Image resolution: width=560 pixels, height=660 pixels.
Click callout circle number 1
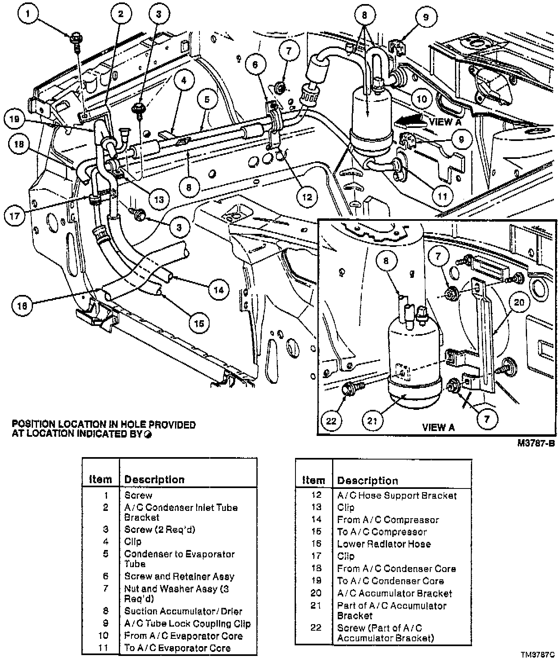pos(28,15)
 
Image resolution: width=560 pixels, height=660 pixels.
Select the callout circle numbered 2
pos(120,15)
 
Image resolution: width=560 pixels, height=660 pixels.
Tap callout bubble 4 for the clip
pos(184,81)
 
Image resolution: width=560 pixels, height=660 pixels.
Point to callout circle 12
pos(307,197)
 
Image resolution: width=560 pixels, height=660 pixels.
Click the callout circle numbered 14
pos(219,290)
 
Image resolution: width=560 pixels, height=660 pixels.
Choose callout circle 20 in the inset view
pos(519,302)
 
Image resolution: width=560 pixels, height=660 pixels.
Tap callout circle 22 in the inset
pos(332,420)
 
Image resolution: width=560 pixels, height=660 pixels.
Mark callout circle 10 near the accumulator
pos(422,99)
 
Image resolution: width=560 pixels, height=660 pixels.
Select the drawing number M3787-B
pos(536,443)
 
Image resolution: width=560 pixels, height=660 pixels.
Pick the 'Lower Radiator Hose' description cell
pos(384,544)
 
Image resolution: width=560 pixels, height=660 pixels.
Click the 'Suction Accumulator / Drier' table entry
pos(183,611)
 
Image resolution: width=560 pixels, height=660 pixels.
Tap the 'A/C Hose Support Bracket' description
pos(397,495)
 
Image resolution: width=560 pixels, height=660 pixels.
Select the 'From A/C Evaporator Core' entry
pos(183,636)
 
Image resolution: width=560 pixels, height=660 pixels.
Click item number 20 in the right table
pos(316,593)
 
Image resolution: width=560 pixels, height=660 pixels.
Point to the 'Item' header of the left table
pos(101,480)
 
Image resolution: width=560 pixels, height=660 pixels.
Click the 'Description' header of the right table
pos(367,481)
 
